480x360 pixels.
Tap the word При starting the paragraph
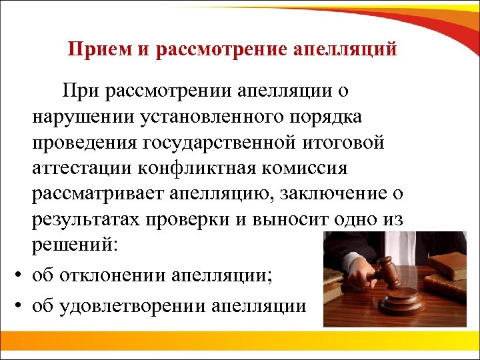pos(79,89)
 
